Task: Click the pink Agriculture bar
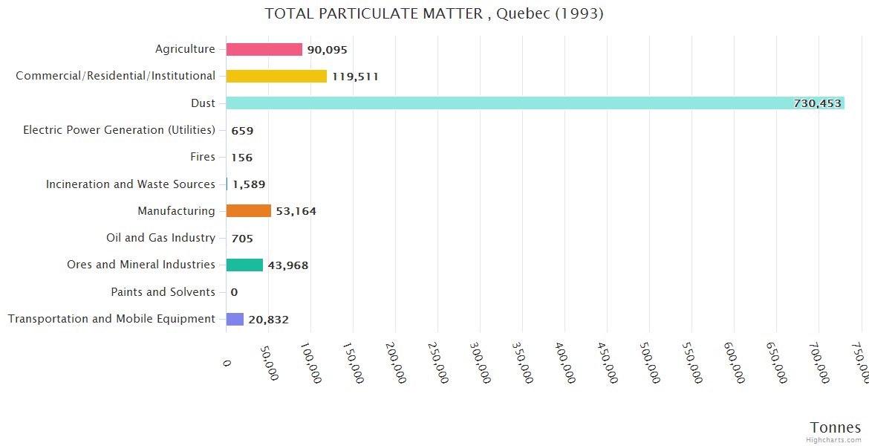[x=264, y=49]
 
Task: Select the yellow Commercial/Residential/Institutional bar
[x=276, y=76]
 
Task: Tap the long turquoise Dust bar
[x=505, y=103]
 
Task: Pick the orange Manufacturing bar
[x=248, y=211]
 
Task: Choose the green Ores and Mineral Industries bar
[x=244, y=265]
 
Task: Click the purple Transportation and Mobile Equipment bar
[x=235, y=319]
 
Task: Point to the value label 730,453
[x=817, y=103]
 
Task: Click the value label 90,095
[x=327, y=50]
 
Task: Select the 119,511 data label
[x=355, y=77]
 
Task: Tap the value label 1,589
[x=249, y=184]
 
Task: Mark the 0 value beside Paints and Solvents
[x=234, y=292]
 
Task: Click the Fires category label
[x=202, y=157]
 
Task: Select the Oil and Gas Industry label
[x=160, y=238]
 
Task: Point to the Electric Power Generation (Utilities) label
[x=119, y=130]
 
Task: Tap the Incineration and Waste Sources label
[x=130, y=184]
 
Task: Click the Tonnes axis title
[x=835, y=427]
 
